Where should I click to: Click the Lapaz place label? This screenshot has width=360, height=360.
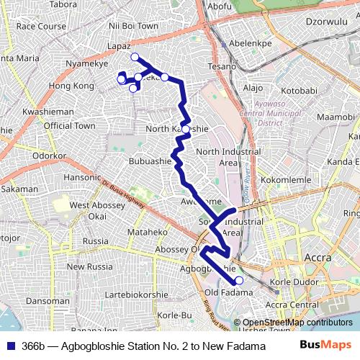pyautogui.click(x=119, y=45)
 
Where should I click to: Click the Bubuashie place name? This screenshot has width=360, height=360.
pyautogui.click(x=150, y=161)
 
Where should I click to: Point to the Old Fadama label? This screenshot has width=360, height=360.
pyautogui.click(x=228, y=292)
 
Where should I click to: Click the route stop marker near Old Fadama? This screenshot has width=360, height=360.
pyautogui.click(x=239, y=281)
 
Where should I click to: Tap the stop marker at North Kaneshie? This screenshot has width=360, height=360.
pyautogui.click(x=186, y=130)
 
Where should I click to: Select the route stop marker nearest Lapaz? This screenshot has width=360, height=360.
pyautogui.click(x=135, y=57)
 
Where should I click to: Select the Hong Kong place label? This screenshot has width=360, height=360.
pyautogui.click(x=71, y=86)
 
